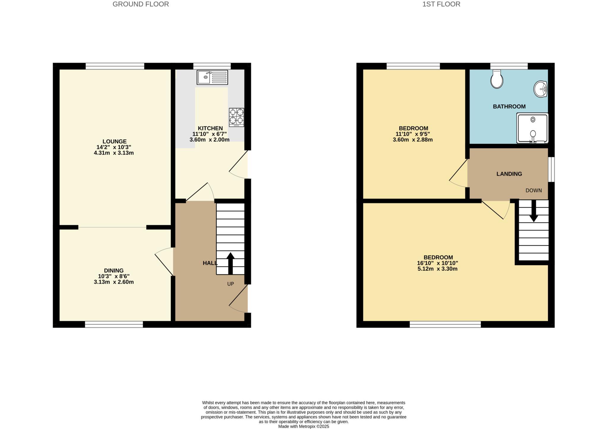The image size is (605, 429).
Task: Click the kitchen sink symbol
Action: tap(212, 77)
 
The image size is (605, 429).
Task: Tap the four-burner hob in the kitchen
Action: tap(236, 117)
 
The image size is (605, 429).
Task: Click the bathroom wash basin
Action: tap(541, 89)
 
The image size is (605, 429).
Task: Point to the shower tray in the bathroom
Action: tap(532, 128)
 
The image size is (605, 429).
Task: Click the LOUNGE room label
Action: tap(114, 142)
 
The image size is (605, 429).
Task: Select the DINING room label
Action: tap(114, 271)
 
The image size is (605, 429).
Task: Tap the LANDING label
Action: tap(509, 174)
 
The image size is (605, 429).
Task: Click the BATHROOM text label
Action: tap(509, 107)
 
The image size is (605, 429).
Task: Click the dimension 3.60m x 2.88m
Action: tap(413, 140)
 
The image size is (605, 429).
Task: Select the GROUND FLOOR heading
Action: tap(141, 4)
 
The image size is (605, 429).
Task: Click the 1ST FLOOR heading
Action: tap(441, 4)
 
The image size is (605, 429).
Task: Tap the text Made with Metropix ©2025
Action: tap(303, 426)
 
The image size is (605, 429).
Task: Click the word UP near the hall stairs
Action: tap(230, 284)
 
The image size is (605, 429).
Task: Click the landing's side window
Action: tap(551, 169)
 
